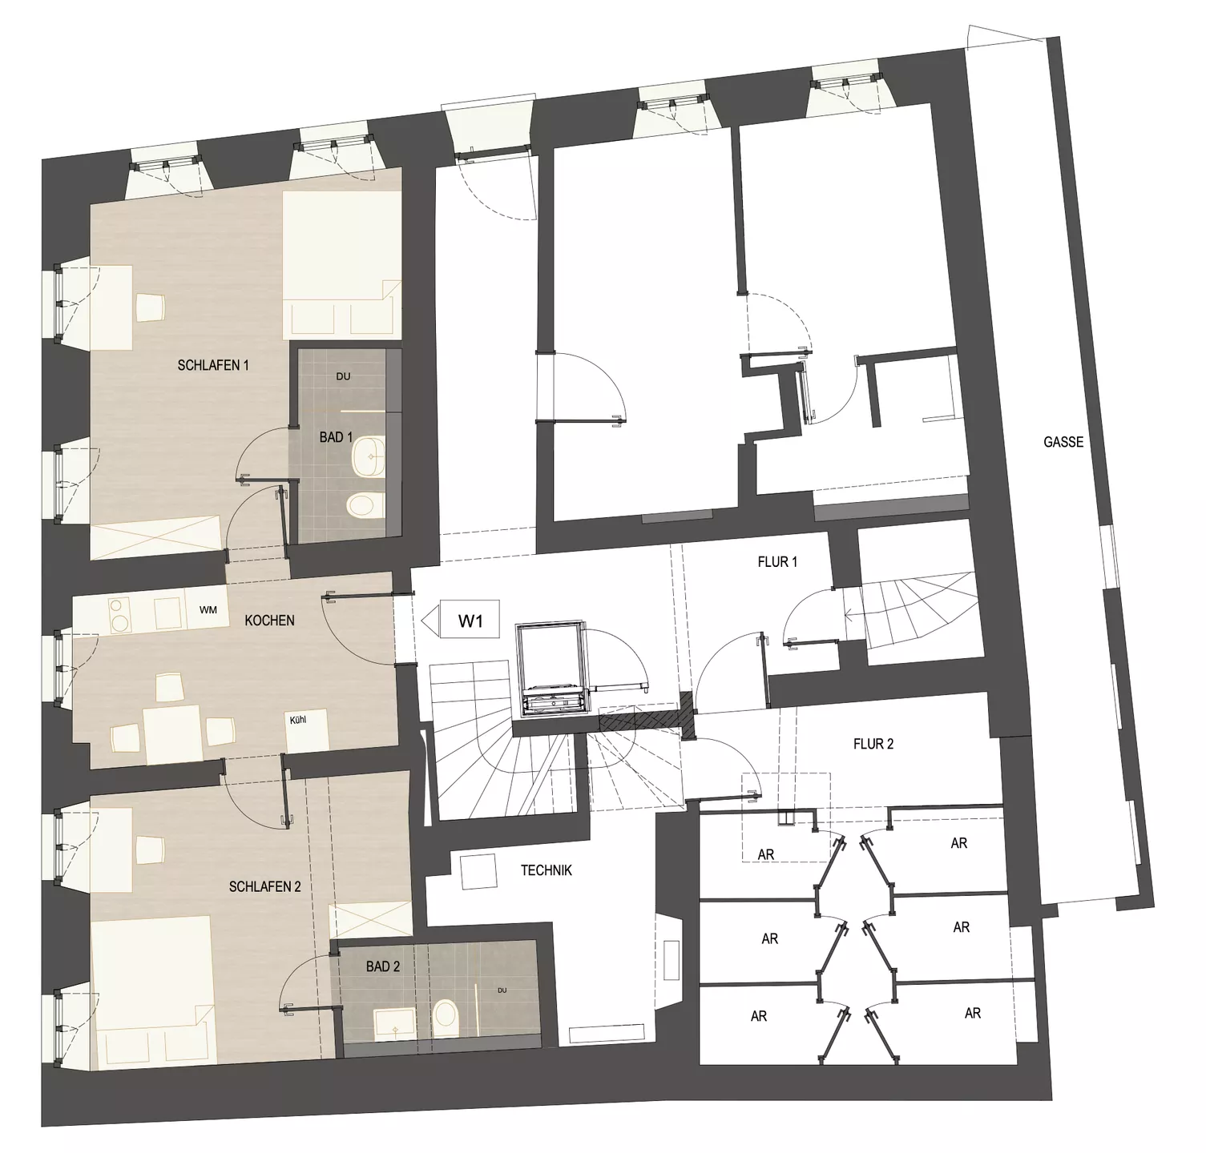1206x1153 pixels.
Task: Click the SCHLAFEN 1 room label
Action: tap(213, 365)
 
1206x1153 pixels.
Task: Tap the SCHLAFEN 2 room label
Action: tap(265, 886)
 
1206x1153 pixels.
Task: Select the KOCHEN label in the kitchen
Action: tap(269, 621)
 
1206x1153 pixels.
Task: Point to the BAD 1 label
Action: tap(336, 437)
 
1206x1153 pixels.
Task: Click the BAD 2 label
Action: tap(383, 966)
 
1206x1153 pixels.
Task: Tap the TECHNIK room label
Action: tap(547, 870)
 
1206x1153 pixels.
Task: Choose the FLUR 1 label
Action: tap(777, 562)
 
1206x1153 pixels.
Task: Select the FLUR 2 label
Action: tap(873, 744)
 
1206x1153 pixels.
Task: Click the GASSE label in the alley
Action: tap(1063, 441)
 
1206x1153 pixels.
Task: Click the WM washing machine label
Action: tap(208, 610)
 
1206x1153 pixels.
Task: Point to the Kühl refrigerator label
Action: tap(298, 720)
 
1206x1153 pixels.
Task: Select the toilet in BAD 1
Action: tap(362, 505)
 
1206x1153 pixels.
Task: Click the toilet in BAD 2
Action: tap(443, 1017)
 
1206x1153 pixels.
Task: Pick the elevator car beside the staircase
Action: tap(553, 669)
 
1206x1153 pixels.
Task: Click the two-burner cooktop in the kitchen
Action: tap(119, 613)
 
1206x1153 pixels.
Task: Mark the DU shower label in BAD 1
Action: tap(344, 376)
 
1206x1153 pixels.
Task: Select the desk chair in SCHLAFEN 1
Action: tap(150, 307)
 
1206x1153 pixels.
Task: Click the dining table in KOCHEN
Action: tap(171, 733)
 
